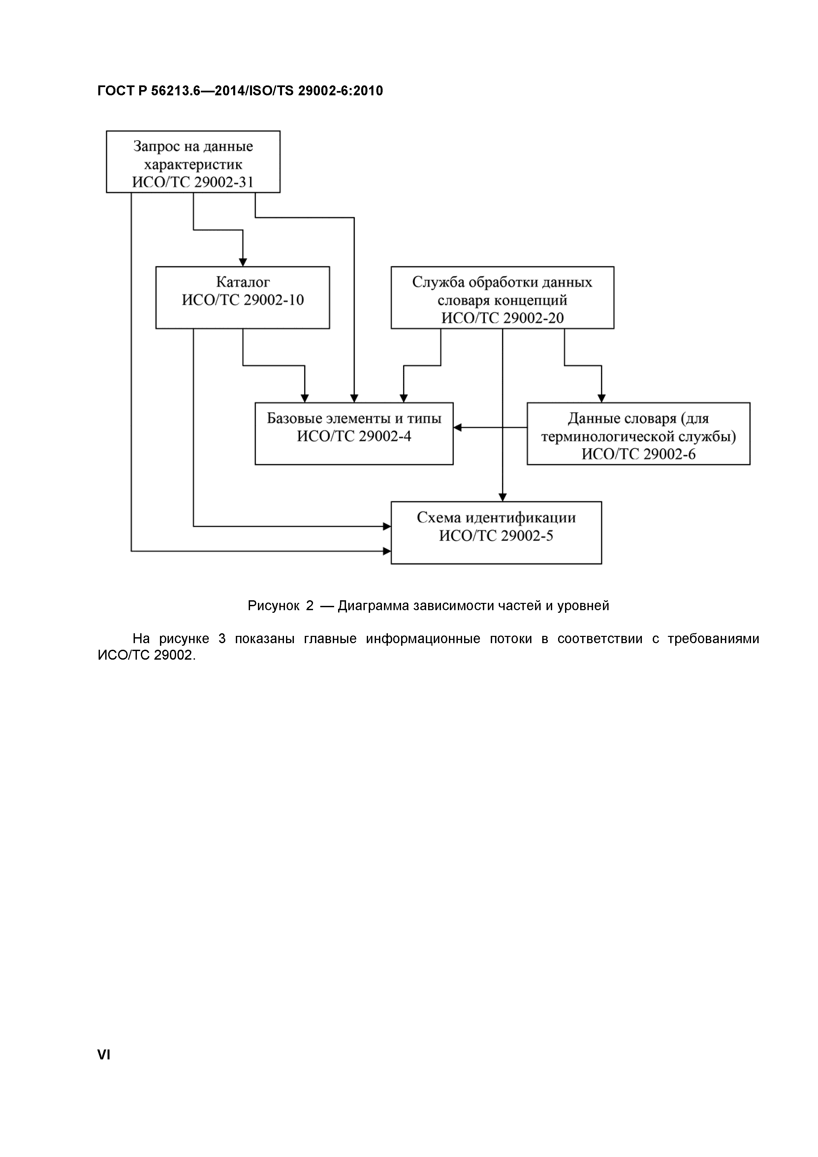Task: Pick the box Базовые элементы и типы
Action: (x=354, y=433)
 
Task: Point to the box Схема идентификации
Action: (x=496, y=533)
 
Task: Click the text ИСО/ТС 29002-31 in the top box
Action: (x=193, y=182)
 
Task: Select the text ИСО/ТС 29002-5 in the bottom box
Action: (x=496, y=536)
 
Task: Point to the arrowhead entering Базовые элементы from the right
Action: (x=457, y=428)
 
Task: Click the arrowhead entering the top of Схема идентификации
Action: (x=502, y=497)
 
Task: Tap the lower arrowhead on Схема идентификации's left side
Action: (x=387, y=551)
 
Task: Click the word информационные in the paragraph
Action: (x=423, y=639)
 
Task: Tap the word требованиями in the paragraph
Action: (x=713, y=639)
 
